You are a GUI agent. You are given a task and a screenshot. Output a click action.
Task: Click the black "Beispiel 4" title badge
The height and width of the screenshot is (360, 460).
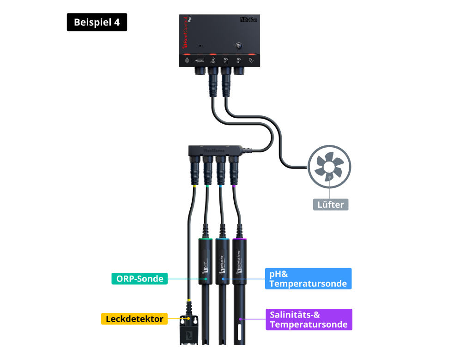(97, 23)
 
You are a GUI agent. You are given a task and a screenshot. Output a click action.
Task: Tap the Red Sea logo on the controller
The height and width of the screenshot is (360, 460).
(250, 20)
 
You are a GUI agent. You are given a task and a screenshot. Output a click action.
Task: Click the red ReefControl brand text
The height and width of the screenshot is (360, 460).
(186, 32)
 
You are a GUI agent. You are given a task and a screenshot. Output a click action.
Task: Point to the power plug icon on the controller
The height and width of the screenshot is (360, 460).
(252, 60)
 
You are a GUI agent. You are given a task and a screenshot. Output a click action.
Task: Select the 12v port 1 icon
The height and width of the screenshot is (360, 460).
(226, 60)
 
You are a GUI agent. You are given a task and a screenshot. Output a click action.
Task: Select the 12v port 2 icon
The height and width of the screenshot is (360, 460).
(239, 60)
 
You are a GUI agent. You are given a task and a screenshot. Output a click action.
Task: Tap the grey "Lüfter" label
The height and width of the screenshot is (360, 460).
(331, 204)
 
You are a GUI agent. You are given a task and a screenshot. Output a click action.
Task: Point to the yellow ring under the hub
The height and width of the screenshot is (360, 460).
(195, 186)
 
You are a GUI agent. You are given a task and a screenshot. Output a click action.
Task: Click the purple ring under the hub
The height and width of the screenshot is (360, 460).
(235, 186)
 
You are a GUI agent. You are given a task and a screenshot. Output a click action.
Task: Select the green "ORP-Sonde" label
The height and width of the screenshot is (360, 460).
(139, 278)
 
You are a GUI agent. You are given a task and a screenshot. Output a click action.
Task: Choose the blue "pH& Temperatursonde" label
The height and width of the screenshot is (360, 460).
(308, 279)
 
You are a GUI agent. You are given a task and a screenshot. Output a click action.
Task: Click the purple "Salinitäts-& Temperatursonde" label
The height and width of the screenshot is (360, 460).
(309, 319)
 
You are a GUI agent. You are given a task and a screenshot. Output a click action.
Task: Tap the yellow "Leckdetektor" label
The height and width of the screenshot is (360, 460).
(134, 318)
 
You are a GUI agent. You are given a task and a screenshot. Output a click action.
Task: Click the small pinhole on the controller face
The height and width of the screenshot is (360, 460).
(200, 46)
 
